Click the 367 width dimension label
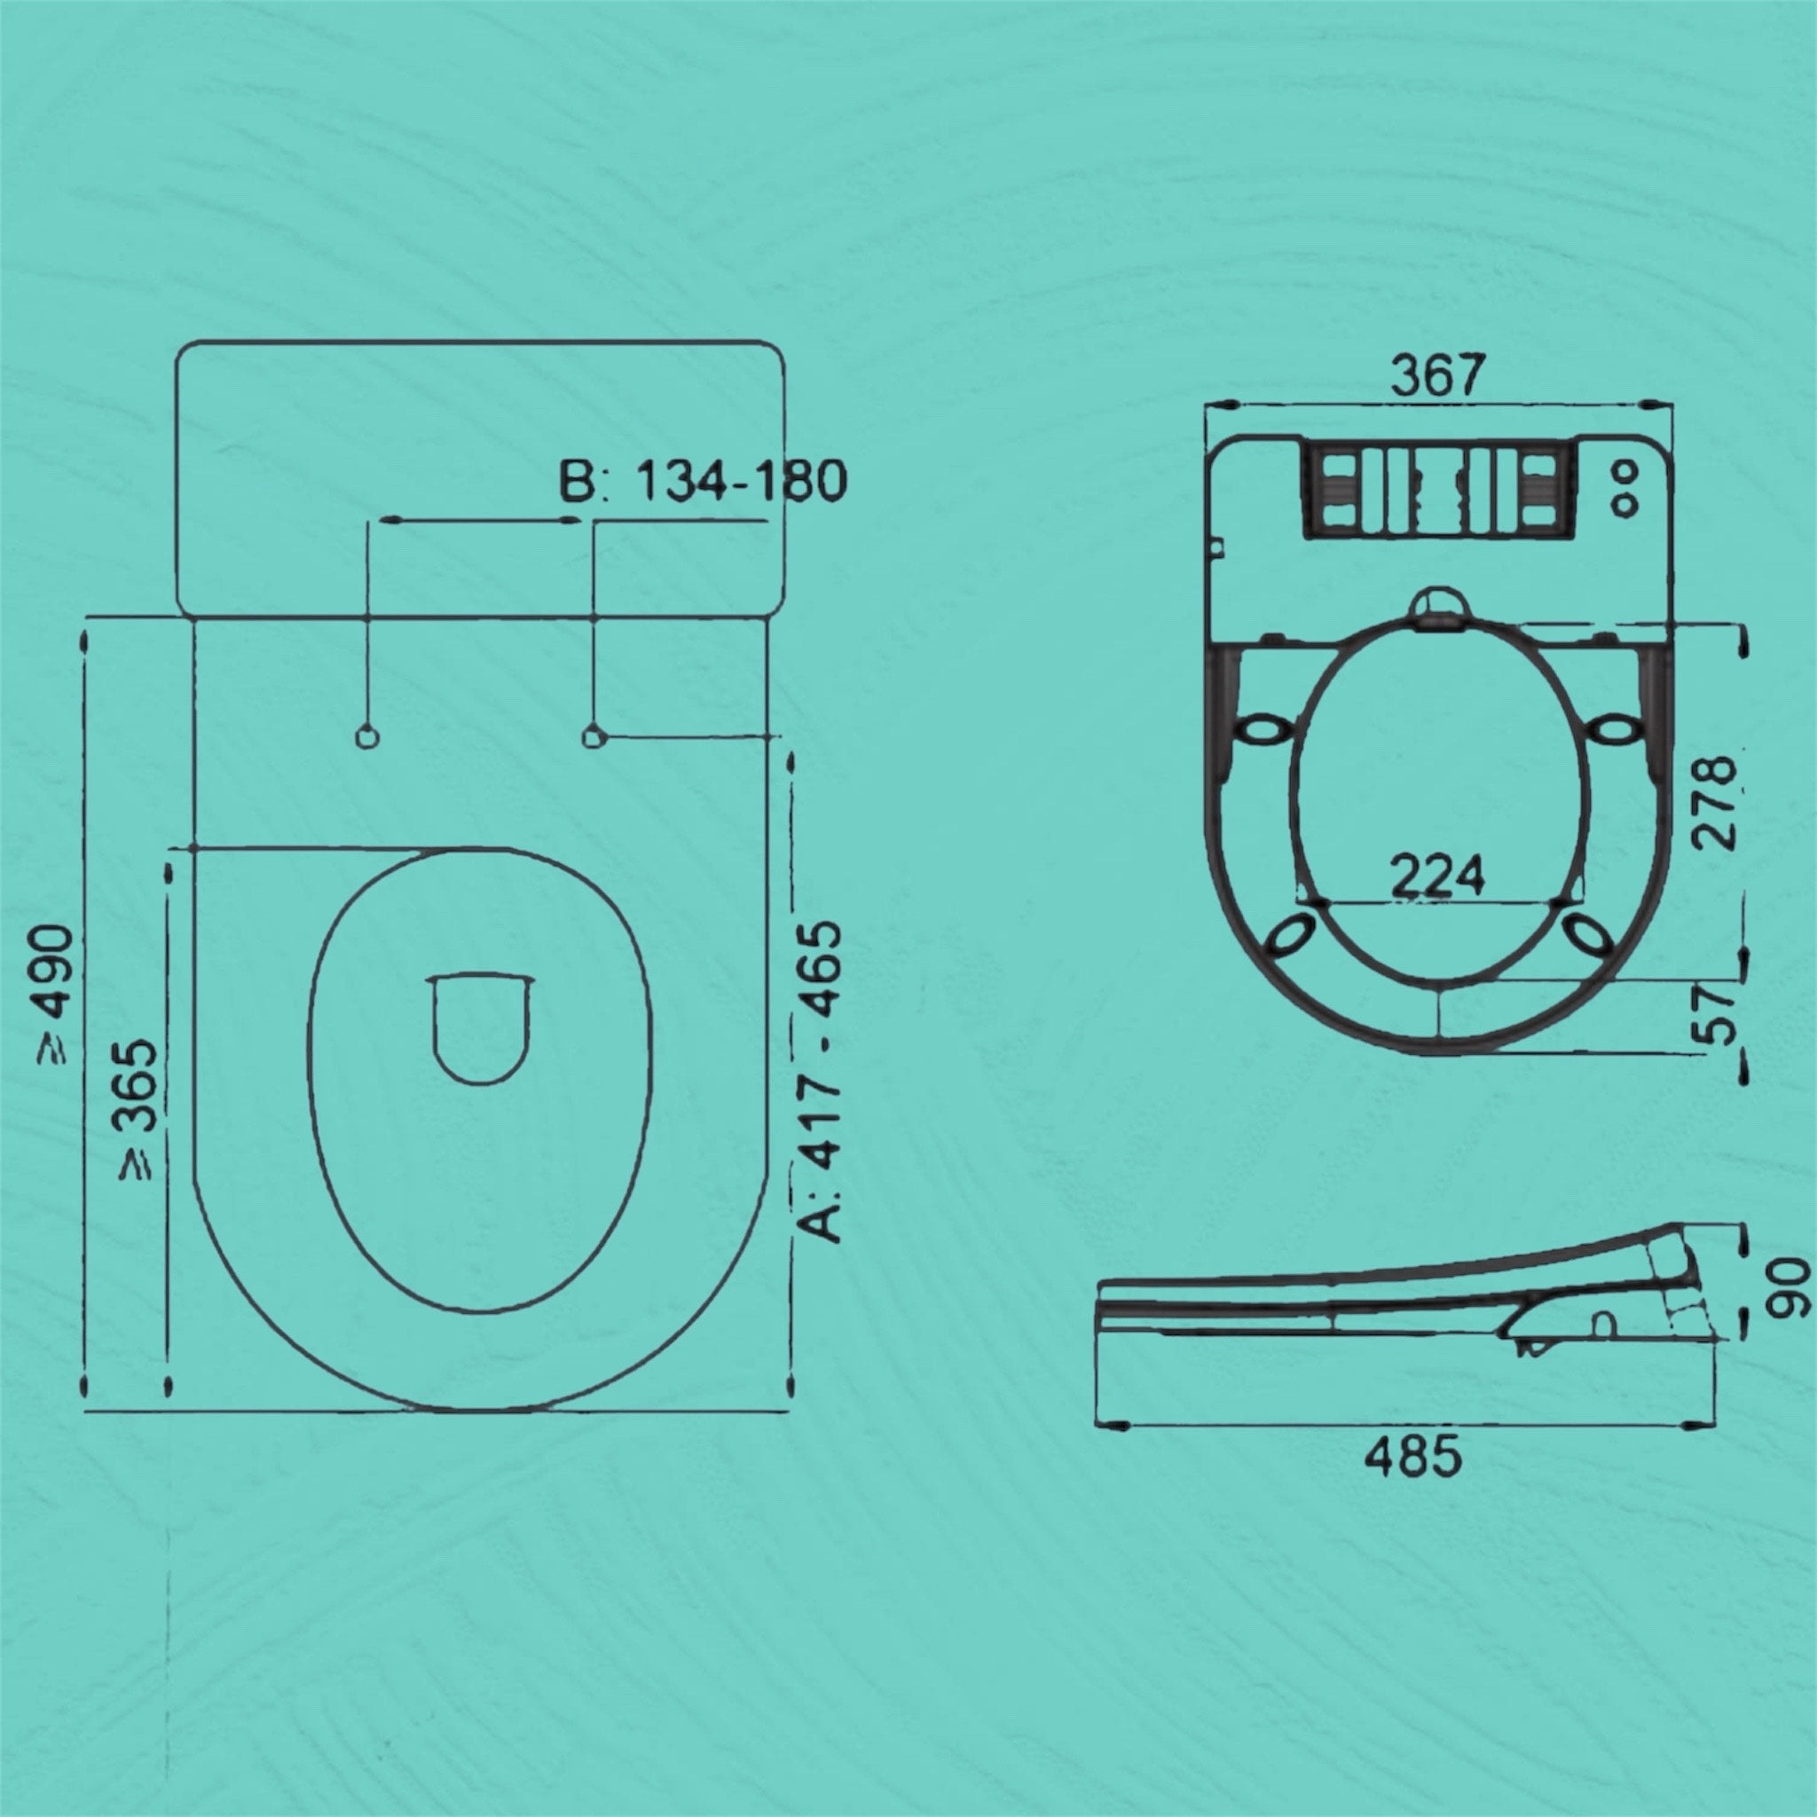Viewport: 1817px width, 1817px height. pos(1438,375)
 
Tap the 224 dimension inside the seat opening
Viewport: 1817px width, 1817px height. pos(1438,875)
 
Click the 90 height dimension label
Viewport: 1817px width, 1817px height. pos(1789,1289)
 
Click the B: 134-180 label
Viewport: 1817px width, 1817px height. pos(703,481)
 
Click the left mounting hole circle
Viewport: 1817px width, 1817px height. pos(367,737)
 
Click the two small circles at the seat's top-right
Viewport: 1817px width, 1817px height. pos(1625,489)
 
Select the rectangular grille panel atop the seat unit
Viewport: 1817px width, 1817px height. pos(1437,491)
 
